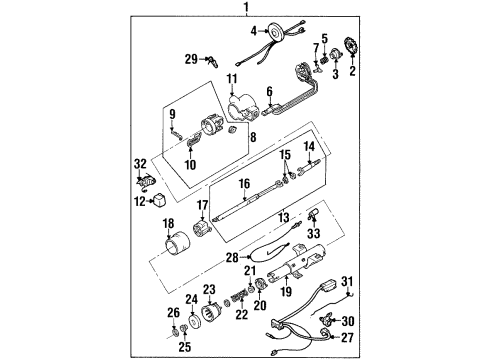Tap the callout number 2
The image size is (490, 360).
[351, 73]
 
